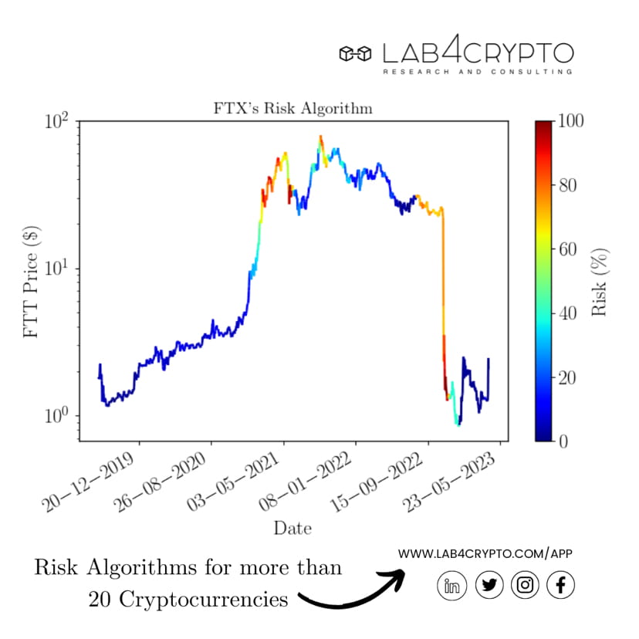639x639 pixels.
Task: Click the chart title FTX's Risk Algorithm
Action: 292,109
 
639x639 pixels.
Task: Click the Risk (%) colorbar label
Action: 600,282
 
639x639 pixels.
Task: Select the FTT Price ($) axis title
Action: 32,282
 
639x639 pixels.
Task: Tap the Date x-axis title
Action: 292,529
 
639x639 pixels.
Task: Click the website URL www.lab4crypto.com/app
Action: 485,553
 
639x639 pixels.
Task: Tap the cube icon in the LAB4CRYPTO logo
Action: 356,53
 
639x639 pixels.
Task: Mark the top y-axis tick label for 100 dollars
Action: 57,123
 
